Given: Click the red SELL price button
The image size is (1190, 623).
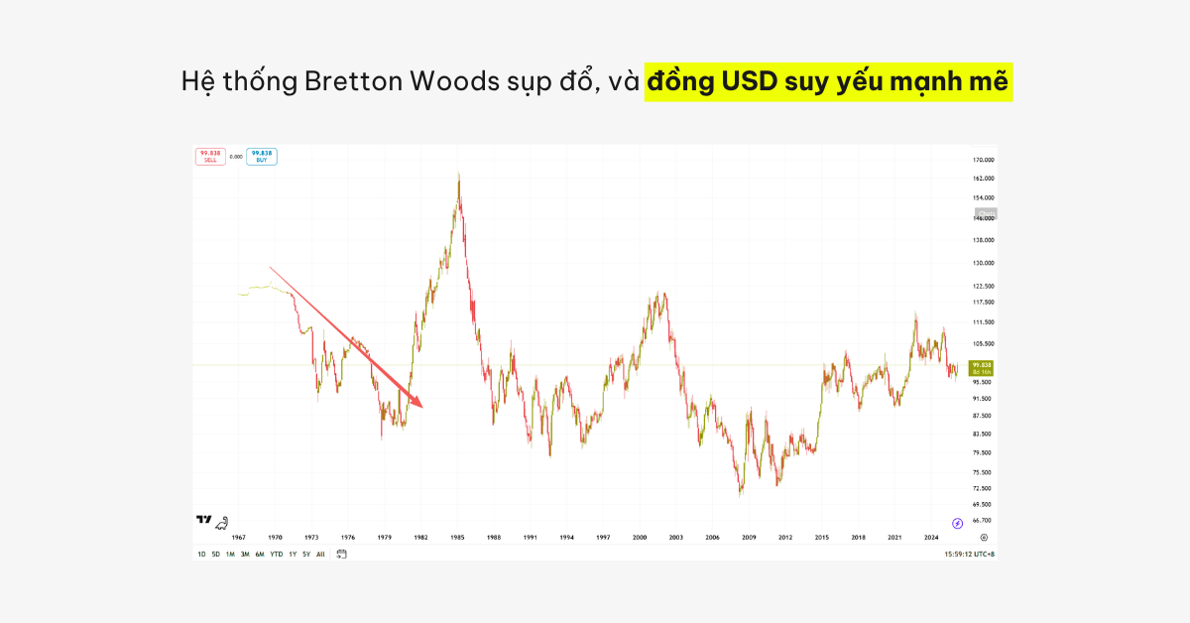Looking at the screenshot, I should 210,156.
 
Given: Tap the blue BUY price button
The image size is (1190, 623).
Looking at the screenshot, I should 262,156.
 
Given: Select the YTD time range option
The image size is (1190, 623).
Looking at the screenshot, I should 276,554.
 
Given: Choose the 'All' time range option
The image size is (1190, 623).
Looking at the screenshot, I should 320,554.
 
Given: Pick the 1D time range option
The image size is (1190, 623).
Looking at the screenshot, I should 201,554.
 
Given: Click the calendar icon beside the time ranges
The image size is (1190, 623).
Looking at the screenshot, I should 341,554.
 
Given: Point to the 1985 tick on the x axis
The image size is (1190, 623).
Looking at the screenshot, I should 457,537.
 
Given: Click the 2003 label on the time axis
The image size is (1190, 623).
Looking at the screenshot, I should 675,537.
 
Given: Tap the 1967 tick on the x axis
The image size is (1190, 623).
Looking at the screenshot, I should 238,537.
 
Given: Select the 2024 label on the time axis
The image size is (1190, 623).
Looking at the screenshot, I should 930,537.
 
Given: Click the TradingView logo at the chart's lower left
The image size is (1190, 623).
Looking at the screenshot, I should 204,520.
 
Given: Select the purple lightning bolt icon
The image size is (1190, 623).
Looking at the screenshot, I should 957,523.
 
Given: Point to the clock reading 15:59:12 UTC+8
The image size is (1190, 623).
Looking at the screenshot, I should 970,554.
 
